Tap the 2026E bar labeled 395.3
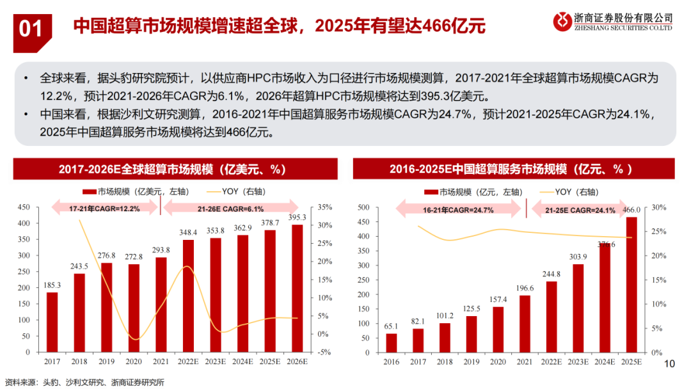(x=298, y=288)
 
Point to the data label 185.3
(x=52, y=285)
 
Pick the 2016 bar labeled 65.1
(x=392, y=342)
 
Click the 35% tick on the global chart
(x=324, y=207)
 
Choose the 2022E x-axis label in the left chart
(x=188, y=361)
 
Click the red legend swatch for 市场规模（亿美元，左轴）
(x=90, y=191)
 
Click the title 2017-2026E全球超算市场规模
(x=172, y=170)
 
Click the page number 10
(x=671, y=364)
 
